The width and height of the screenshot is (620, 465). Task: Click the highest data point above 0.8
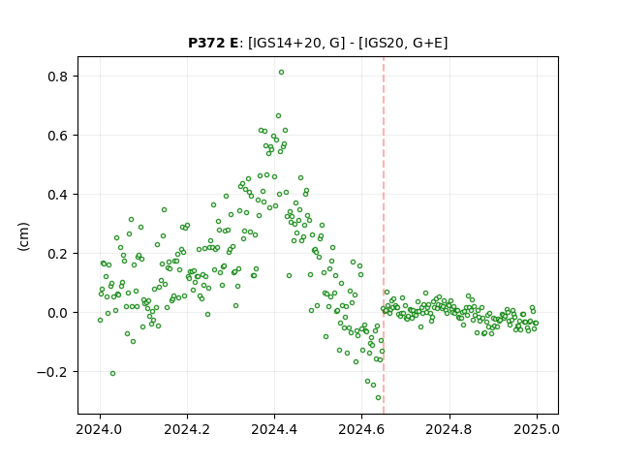[281, 73]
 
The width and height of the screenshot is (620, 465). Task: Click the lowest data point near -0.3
[379, 398]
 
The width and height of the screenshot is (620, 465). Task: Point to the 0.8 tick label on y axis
[58, 77]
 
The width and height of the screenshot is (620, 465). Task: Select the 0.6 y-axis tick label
[58, 136]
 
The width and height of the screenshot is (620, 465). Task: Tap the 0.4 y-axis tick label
[58, 195]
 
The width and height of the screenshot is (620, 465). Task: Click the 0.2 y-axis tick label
[58, 254]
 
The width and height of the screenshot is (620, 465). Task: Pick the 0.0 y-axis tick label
[58, 313]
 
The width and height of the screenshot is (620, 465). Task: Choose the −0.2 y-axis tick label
[52, 372]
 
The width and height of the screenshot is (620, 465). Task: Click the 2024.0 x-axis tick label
[100, 429]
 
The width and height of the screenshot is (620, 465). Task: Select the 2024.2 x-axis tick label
[187, 429]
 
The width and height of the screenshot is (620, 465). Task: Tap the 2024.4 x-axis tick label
[274, 429]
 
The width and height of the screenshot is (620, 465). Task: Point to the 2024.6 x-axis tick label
[361, 429]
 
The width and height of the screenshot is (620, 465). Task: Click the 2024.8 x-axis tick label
[449, 429]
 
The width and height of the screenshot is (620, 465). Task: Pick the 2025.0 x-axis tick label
[537, 429]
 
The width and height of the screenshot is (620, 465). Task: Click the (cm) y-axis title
[23, 236]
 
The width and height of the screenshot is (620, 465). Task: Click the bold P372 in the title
[205, 43]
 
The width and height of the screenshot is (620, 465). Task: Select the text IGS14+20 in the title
[285, 43]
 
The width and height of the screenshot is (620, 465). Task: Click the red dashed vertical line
[384, 235]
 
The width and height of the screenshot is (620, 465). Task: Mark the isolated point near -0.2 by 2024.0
[112, 374]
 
